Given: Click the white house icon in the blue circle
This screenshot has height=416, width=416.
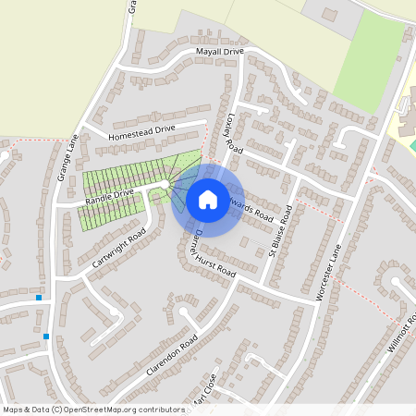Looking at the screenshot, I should point(208,199).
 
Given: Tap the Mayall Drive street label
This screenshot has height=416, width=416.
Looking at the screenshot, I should point(219,53).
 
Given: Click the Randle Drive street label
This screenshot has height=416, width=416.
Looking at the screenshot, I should point(110,196).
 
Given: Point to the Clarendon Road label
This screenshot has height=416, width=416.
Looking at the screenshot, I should point(173,354).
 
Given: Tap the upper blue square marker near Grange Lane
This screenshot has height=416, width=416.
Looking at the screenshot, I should point(38,298).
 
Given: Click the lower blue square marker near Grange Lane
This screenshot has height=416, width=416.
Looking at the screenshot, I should point(46,336).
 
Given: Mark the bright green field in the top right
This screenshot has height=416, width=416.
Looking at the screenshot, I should point(369,60).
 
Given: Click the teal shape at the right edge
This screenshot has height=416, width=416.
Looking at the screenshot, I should point(412,145).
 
